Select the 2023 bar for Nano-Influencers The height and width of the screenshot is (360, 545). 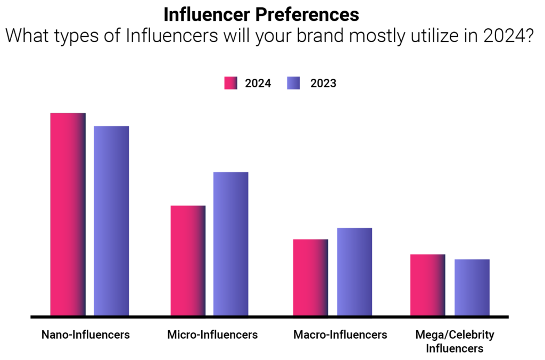click(111, 220)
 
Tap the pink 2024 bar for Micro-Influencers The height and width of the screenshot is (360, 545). click(188, 260)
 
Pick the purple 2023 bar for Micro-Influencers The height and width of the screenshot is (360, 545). click(231, 243)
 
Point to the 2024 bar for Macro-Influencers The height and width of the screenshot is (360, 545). click(311, 277)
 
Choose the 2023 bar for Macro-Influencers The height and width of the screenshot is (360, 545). click(354, 272)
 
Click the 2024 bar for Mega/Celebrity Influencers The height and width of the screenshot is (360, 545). click(428, 284)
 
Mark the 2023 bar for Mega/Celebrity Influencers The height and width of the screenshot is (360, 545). click(472, 287)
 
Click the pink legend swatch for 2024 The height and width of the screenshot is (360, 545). click(230, 83)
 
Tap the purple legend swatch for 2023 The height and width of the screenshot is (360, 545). click(293, 83)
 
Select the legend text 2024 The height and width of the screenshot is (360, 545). click(258, 84)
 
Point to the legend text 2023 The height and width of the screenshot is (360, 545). click(323, 84)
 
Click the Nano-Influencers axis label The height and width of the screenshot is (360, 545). click(86, 335)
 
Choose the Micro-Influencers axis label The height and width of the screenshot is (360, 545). click(212, 335)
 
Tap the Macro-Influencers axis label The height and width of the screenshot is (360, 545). click(340, 335)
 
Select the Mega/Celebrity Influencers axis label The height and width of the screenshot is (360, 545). click(455, 341)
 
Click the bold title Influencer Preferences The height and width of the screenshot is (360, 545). click(261, 13)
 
